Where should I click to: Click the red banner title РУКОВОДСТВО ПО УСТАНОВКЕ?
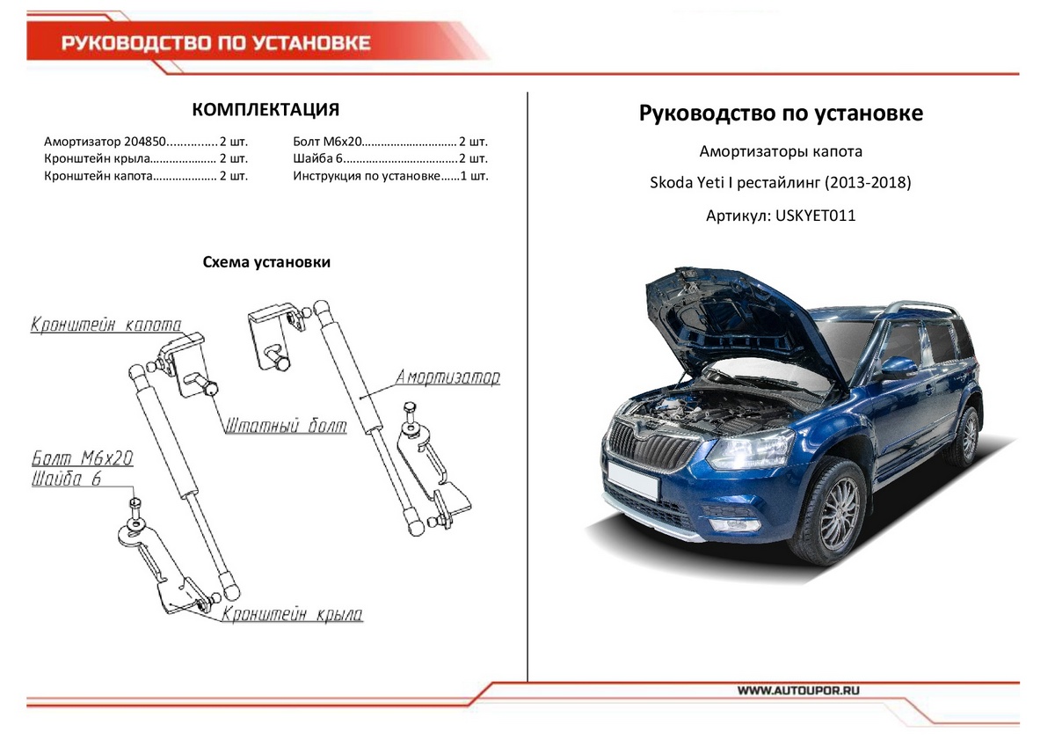pyautogui.click(x=215, y=43)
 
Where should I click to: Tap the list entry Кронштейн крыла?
pyautogui.click(x=92, y=159)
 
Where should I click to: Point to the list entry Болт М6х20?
pyautogui.click(x=326, y=142)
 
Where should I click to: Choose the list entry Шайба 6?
pyautogui.click(x=314, y=159)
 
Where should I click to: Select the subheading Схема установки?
pyautogui.click(x=266, y=262)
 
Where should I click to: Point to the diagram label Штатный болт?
pyautogui.click(x=285, y=426)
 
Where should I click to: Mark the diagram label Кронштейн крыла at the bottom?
pyautogui.click(x=292, y=615)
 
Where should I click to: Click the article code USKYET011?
pyautogui.click(x=815, y=215)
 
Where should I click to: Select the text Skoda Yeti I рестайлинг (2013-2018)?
pyautogui.click(x=780, y=184)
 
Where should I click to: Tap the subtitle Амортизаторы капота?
pyautogui.click(x=780, y=151)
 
